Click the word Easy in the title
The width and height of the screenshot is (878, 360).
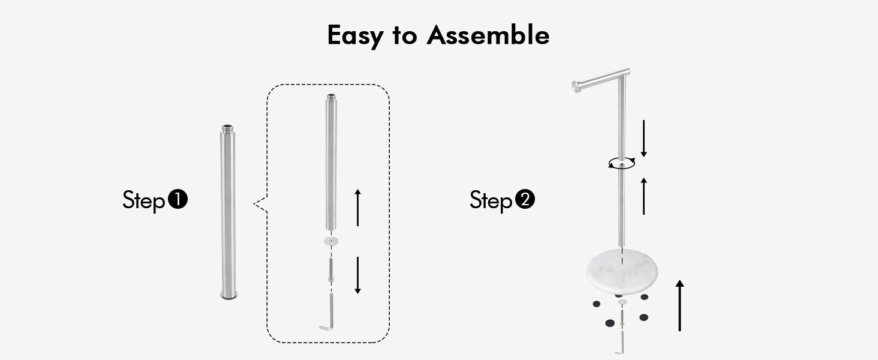[355, 36]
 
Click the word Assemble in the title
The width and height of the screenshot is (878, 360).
[488, 35]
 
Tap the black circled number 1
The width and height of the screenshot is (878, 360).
[178, 199]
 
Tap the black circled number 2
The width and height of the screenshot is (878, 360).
[525, 199]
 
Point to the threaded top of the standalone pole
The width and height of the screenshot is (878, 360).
[228, 128]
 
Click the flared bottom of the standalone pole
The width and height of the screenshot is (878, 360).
[229, 295]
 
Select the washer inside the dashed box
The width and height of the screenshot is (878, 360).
[331, 241]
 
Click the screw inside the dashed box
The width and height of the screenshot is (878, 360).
[331, 270]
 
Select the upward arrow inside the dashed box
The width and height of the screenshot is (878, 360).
[357, 208]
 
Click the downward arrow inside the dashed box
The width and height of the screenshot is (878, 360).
[357, 275]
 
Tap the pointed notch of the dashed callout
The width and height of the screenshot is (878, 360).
[254, 204]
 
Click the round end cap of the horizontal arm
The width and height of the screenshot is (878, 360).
[576, 86]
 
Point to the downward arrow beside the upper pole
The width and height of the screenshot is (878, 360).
[644, 139]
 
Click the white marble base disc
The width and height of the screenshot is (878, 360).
[622, 272]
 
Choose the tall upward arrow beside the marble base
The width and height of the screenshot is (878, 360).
[679, 305]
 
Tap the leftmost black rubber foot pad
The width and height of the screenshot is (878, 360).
[597, 304]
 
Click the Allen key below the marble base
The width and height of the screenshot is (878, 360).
[621, 343]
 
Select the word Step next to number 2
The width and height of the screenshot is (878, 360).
[491, 200]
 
